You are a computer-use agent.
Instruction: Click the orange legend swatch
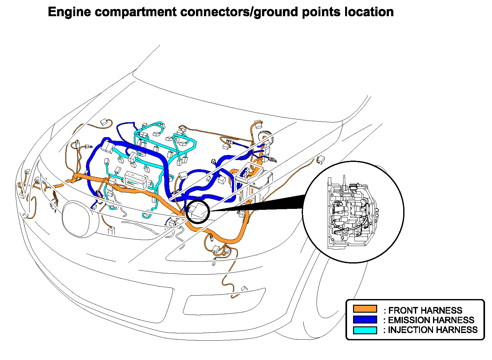pyautogui.click(x=365, y=309)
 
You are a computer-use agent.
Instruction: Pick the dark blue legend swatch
pyautogui.click(x=365, y=319)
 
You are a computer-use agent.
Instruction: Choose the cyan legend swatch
pyautogui.click(x=365, y=330)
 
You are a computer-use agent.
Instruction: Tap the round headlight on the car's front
pyautogui.click(x=79, y=219)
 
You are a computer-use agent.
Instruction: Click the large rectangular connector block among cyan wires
pyautogui.click(x=136, y=179)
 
